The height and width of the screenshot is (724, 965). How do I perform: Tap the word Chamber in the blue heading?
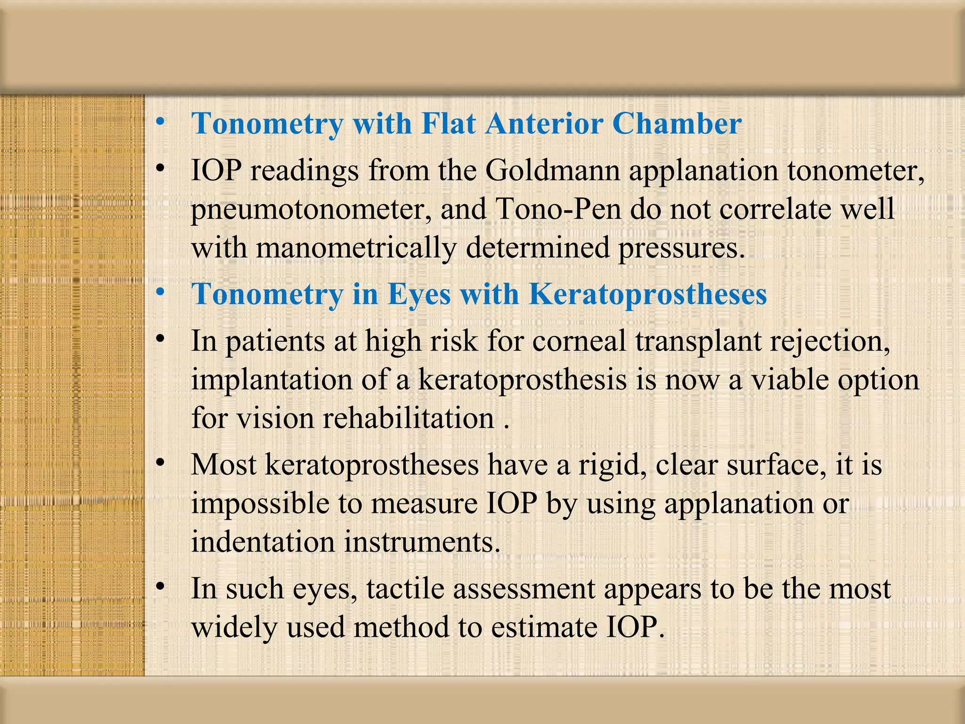677,123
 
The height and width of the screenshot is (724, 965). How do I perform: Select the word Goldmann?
552,171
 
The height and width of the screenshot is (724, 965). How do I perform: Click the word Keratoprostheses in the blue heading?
647,294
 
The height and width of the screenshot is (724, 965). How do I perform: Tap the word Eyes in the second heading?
419,294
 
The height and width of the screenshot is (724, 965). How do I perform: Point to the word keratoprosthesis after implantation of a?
523,380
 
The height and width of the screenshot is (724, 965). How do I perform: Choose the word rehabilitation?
408,418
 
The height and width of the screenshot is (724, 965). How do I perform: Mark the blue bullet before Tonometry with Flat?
161,122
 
